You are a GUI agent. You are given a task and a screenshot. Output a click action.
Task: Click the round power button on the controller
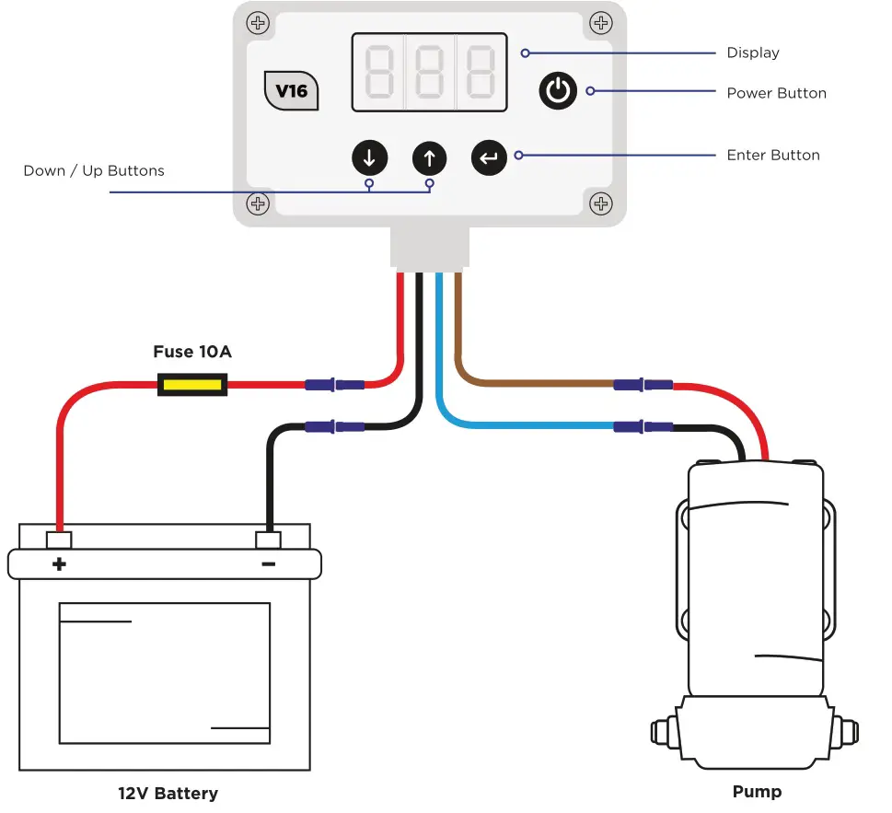[558, 91]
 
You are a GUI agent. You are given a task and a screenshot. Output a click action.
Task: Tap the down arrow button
[369, 158]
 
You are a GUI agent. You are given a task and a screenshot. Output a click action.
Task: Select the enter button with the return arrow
[489, 158]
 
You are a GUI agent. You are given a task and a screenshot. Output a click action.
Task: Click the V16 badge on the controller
[291, 91]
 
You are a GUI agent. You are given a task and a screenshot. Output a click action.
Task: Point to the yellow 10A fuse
[192, 384]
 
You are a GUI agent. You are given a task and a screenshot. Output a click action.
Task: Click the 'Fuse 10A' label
[192, 352]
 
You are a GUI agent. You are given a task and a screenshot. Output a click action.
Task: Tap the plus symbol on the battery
[60, 563]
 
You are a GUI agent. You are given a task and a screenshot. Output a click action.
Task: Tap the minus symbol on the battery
[268, 563]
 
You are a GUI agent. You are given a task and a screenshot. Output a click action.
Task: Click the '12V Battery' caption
[168, 793]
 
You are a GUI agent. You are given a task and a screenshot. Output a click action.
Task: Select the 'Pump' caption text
[757, 791]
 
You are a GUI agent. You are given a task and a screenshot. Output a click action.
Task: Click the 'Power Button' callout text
[776, 93]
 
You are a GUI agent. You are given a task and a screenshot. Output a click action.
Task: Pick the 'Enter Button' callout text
[772, 155]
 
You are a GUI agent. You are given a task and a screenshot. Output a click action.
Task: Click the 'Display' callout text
[752, 52]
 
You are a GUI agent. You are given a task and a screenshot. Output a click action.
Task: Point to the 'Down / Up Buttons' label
[94, 170]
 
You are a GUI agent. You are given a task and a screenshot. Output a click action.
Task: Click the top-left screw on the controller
[259, 22]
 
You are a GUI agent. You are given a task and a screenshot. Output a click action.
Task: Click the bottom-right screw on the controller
[600, 203]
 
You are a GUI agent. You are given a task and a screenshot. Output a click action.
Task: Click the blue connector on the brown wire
[643, 384]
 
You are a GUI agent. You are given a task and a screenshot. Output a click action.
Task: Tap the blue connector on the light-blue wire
[643, 426]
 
